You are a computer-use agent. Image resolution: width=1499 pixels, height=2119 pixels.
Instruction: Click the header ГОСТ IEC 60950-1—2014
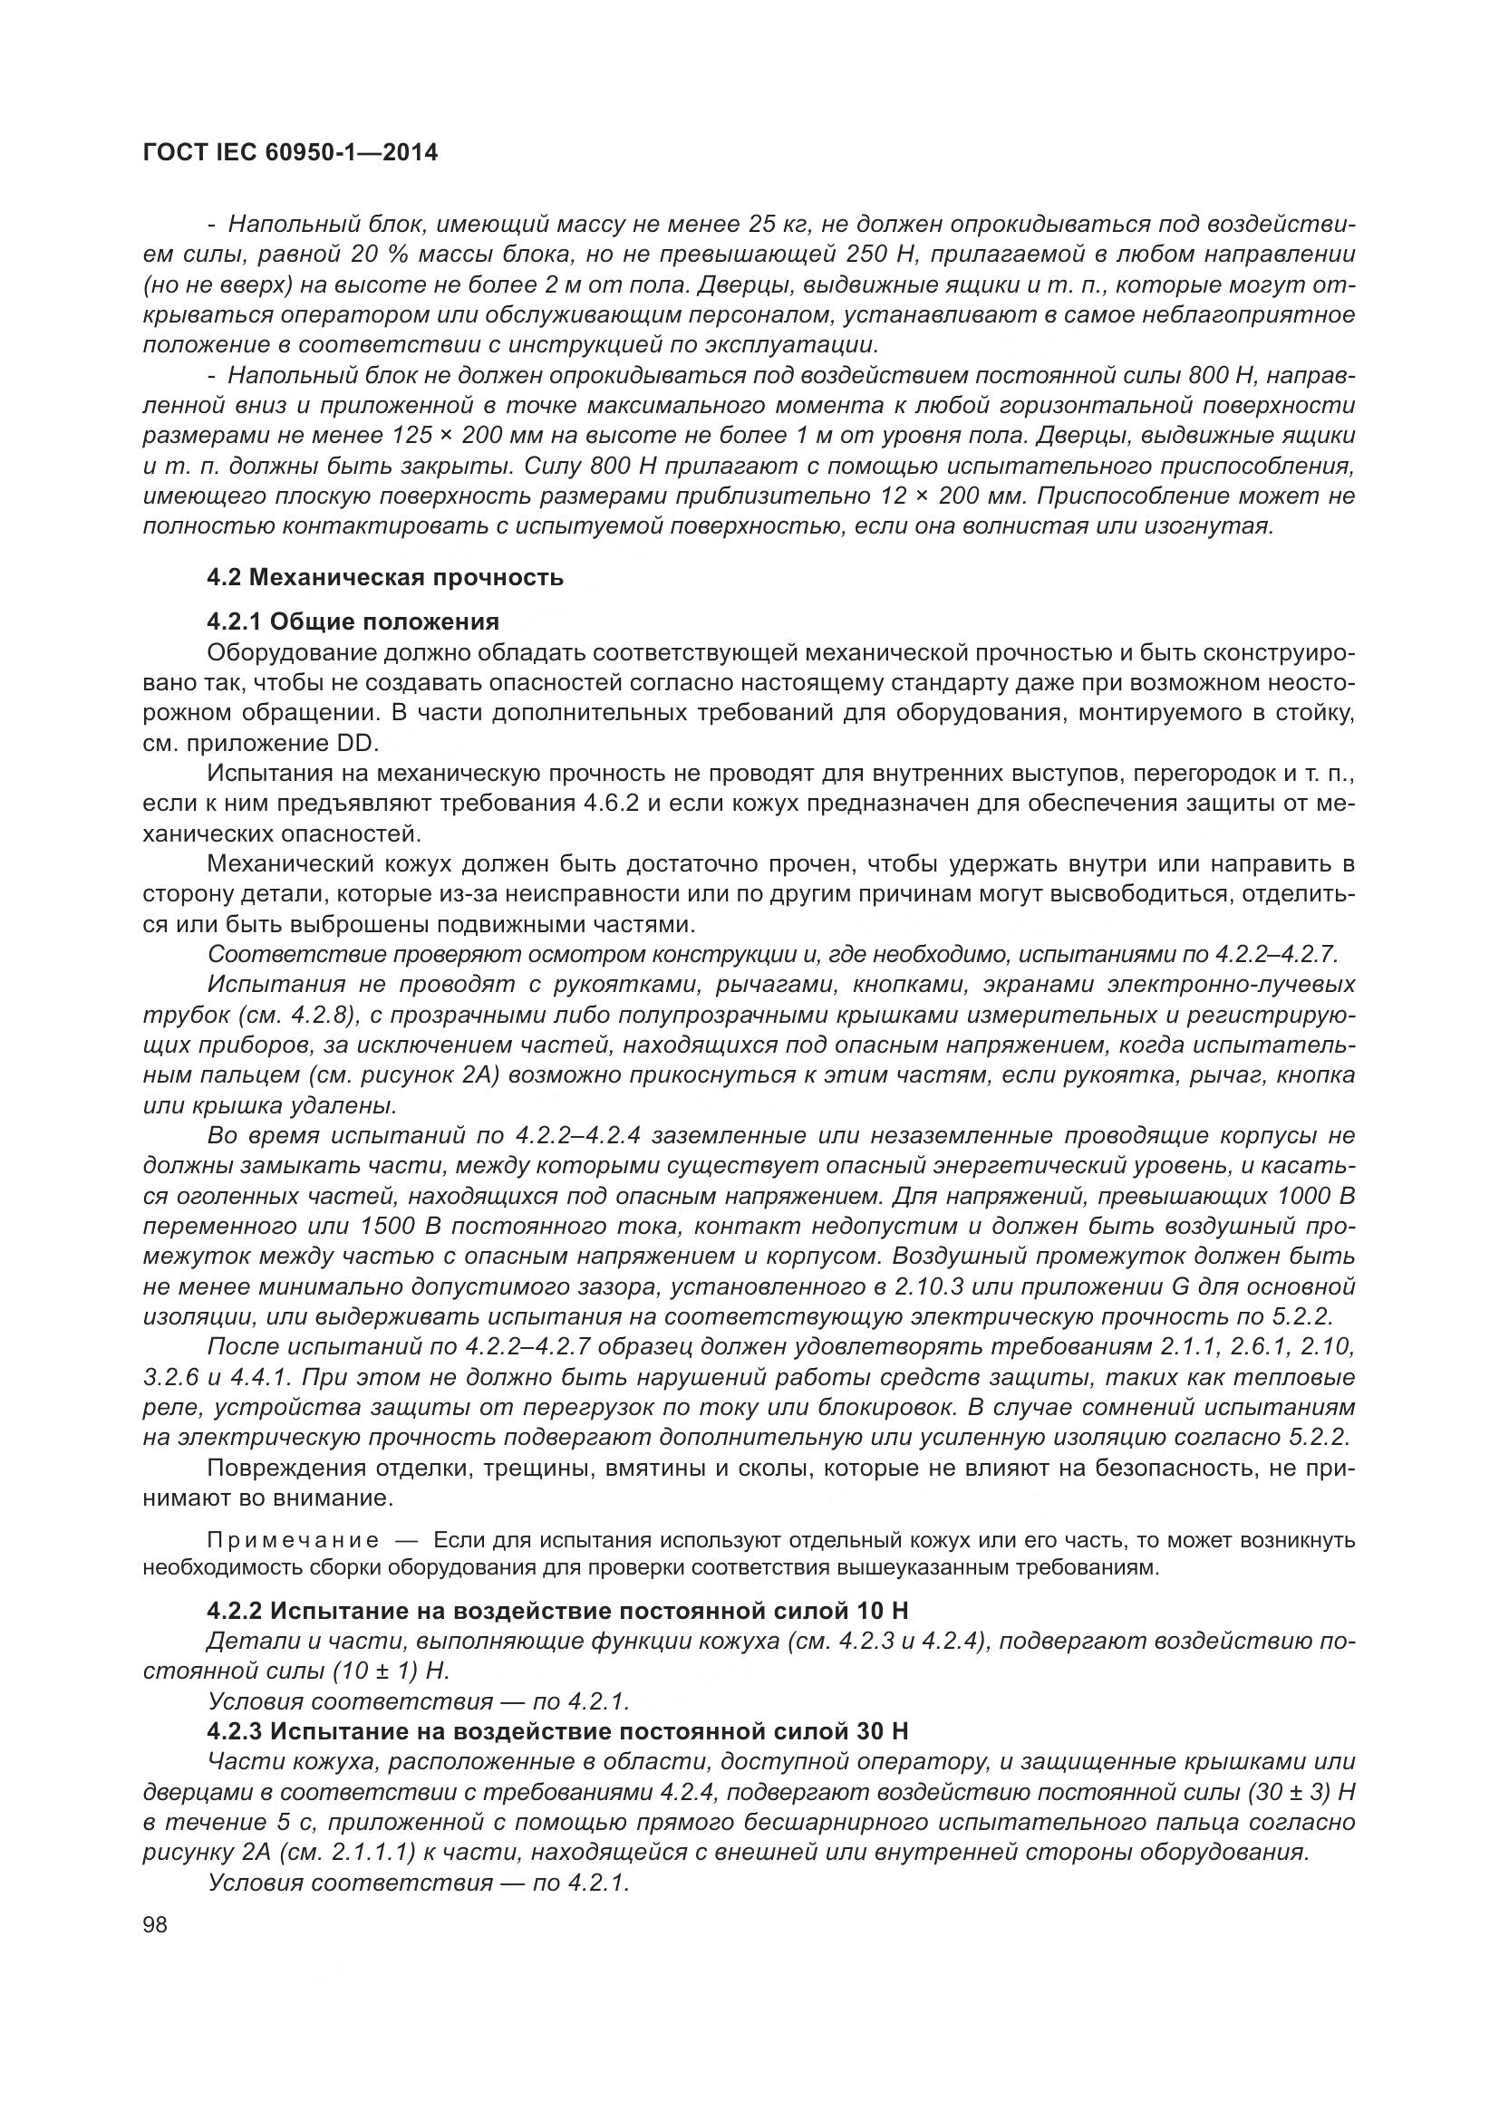pyautogui.click(x=290, y=153)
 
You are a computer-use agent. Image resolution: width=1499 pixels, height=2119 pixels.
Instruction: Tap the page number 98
pyautogui.click(x=155, y=1924)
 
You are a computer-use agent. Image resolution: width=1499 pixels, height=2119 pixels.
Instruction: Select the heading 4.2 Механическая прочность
pyautogui.click(x=385, y=579)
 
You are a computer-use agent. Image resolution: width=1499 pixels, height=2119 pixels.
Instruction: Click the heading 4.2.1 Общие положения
pyautogui.click(x=353, y=621)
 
